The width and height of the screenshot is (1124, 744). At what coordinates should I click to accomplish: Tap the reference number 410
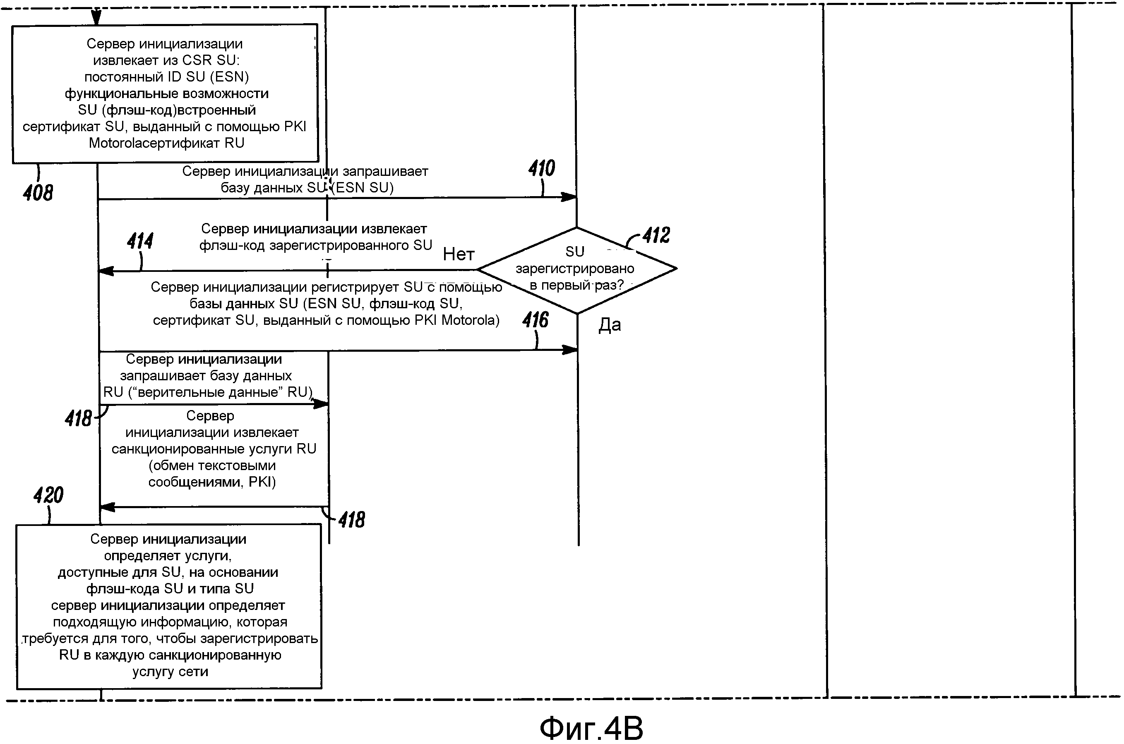coord(541,168)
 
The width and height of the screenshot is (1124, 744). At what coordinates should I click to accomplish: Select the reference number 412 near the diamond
coord(656,235)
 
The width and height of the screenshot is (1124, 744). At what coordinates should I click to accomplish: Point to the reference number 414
coord(140,241)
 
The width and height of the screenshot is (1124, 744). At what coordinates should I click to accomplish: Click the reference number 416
coord(535,320)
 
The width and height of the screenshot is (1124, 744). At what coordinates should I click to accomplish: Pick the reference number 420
coord(48,495)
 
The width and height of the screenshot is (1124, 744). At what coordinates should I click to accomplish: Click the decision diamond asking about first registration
coord(576,269)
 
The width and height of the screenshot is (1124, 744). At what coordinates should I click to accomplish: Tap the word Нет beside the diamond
coord(458,254)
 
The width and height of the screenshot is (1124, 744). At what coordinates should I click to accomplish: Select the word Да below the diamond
coord(610,325)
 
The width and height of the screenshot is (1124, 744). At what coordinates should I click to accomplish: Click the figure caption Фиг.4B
coord(591,728)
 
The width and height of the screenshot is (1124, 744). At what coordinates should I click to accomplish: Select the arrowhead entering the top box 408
coord(96,19)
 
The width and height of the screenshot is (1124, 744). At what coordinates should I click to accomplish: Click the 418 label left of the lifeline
coord(78,418)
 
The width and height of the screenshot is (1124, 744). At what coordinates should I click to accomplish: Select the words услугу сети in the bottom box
coord(171,672)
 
